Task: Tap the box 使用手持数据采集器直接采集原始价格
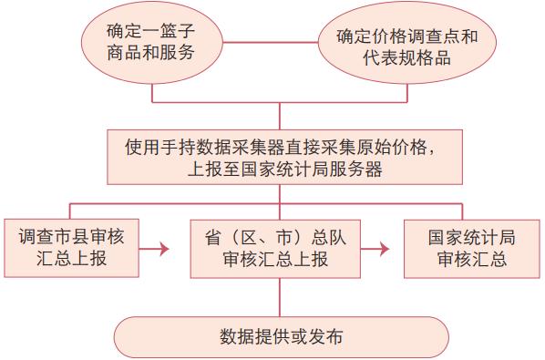point(280,156)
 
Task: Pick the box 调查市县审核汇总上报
point(71,247)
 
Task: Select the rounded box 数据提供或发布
point(281,334)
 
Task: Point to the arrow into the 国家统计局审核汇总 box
point(386,247)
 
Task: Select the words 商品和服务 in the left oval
point(150,52)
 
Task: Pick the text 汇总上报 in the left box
point(71,259)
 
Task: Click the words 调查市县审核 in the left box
point(71,237)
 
